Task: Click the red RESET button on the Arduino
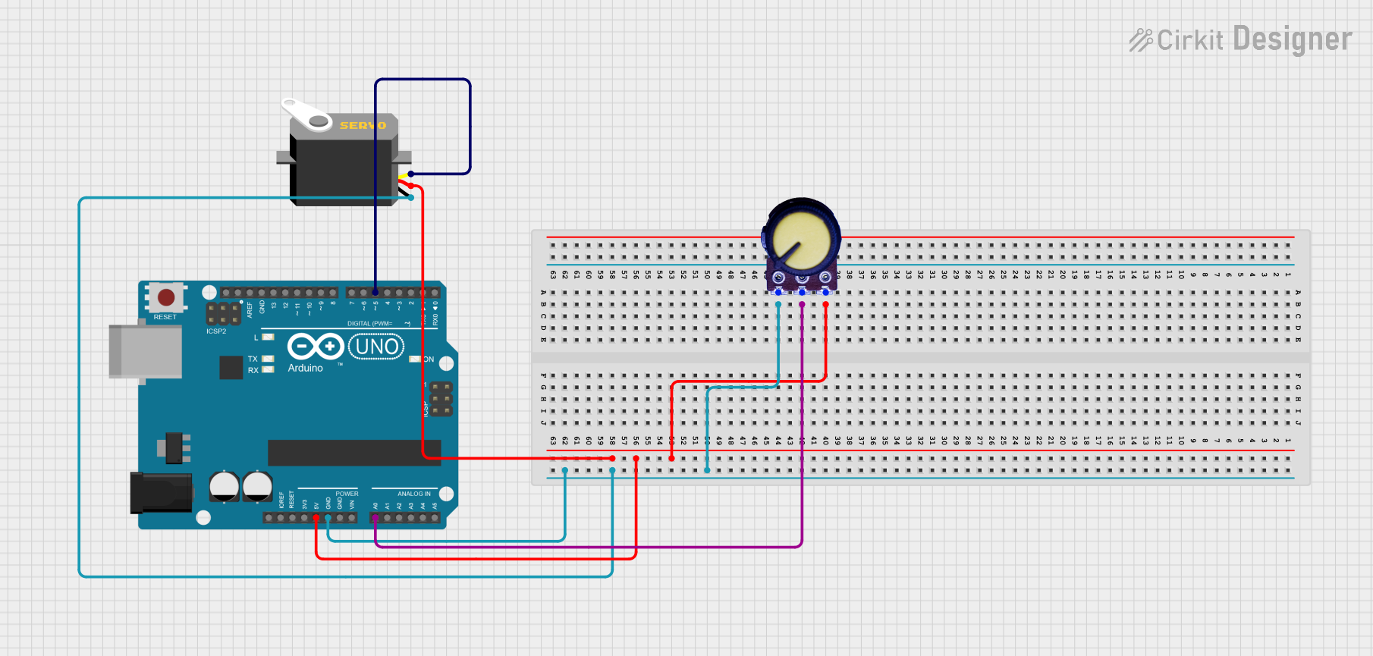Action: [165, 297]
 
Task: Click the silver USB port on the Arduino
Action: [146, 351]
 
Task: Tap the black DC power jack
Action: [160, 492]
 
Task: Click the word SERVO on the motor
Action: [363, 125]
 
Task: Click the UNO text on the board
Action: [376, 347]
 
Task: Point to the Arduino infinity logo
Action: [316, 347]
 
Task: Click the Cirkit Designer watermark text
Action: [1240, 39]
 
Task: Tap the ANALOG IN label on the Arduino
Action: [413, 494]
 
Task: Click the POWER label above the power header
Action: [347, 494]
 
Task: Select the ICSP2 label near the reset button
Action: [216, 331]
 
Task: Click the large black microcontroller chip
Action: [353, 452]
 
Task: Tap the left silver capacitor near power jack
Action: [224, 486]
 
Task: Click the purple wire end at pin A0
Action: [375, 518]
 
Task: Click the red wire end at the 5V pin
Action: [316, 518]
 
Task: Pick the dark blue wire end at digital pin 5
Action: [375, 292]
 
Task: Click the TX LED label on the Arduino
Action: [253, 359]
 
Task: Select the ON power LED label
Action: [429, 359]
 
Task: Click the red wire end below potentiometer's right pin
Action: [825, 304]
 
